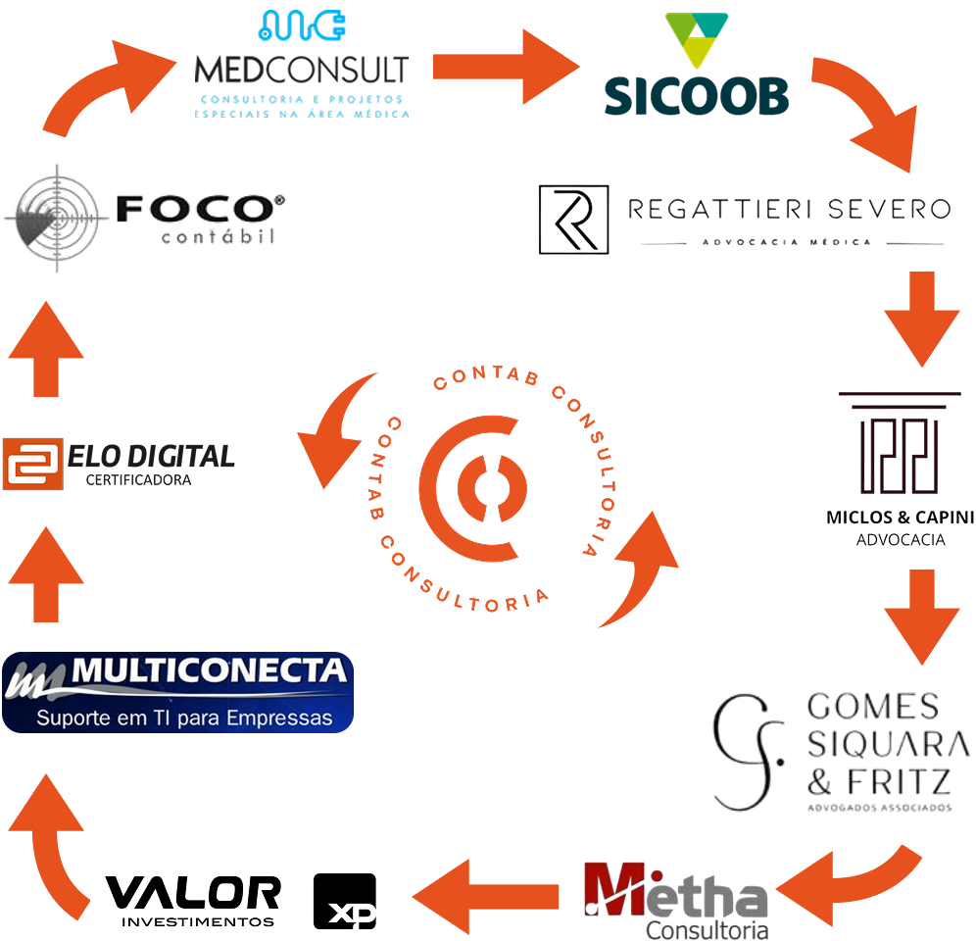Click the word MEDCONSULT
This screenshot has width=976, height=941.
coord(302,71)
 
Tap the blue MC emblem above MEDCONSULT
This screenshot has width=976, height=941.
coord(302,26)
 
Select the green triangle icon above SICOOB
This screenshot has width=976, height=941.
coord(696,39)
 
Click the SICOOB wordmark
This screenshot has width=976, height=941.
coord(696,95)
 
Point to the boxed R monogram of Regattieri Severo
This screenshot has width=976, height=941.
coord(573,220)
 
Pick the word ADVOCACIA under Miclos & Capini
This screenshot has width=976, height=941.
coord(901,540)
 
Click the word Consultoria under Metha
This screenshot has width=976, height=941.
coord(707,929)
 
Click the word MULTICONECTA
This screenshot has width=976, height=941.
coord(210,673)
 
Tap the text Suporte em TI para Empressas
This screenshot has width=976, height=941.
coord(184,718)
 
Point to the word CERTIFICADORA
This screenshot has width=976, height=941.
coord(138,480)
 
